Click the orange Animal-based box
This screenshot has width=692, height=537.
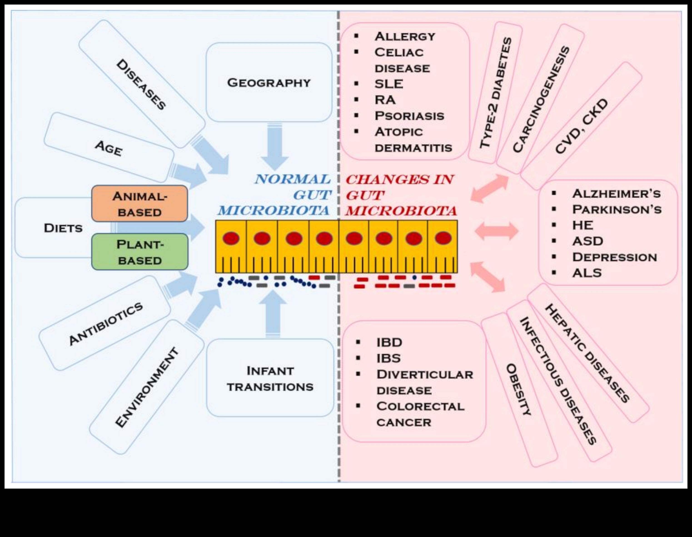(140, 204)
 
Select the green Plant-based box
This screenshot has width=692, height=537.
(140, 252)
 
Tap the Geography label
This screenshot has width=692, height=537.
(269, 83)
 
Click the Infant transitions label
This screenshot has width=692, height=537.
(270, 379)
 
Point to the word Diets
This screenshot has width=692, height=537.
(63, 228)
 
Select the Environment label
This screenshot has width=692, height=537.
(147, 387)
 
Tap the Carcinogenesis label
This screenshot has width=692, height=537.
(541, 99)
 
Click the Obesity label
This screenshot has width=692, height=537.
(518, 390)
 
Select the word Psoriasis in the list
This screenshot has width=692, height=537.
(409, 116)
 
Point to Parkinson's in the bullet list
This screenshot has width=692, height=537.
(617, 209)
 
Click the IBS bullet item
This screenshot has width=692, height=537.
(388, 358)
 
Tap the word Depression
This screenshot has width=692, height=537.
(614, 257)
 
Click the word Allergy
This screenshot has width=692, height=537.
(405, 36)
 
